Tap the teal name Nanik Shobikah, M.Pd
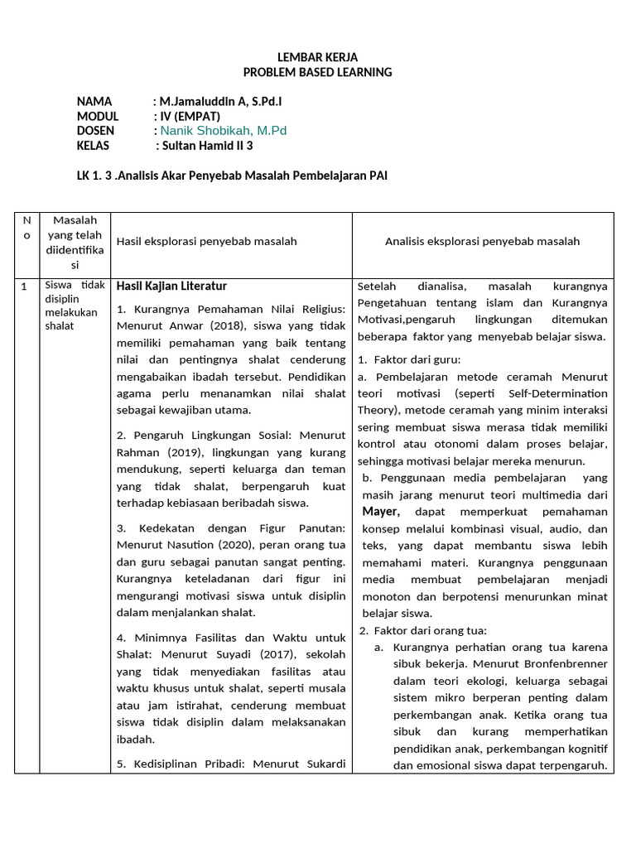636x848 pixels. pyautogui.click(x=224, y=131)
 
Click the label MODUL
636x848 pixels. pyautogui.click(x=98, y=117)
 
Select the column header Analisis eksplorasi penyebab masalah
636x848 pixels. pyautogui.click(x=482, y=241)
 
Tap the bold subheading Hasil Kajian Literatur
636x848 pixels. pyautogui.click(x=171, y=287)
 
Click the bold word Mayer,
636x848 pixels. pyautogui.click(x=381, y=512)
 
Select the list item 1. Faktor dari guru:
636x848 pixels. pyautogui.click(x=409, y=359)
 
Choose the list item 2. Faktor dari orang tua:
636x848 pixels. pyautogui.click(x=422, y=630)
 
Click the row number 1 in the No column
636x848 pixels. pyautogui.click(x=25, y=287)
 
